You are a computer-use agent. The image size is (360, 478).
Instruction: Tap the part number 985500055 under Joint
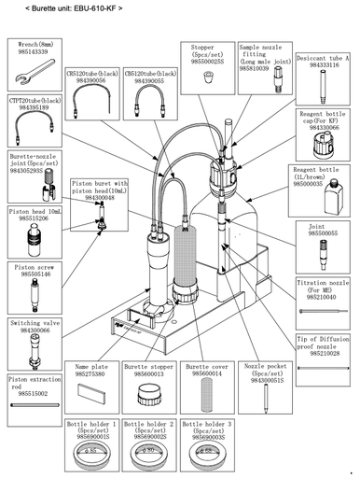[x=323, y=232]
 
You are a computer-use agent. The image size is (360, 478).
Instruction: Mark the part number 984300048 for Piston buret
[x=99, y=197]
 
